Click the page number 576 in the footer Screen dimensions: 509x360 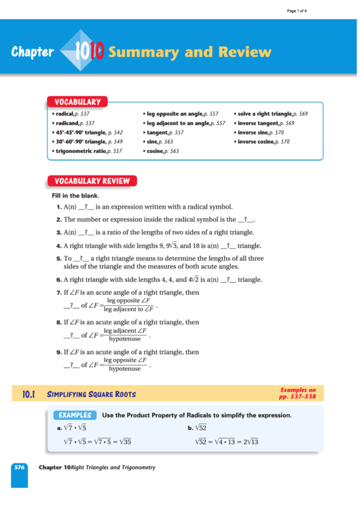tap(19, 468)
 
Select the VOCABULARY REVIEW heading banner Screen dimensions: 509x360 tap(92, 181)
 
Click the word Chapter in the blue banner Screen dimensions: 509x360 tap(32, 52)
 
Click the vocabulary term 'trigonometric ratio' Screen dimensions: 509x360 tap(80, 151)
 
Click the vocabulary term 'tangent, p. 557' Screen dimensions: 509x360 tap(163, 133)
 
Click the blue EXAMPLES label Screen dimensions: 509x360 tap(75, 415)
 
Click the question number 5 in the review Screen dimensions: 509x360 tap(59, 259)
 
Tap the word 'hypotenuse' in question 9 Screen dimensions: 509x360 tap(124, 369)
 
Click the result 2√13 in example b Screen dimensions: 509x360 tap(249, 442)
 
